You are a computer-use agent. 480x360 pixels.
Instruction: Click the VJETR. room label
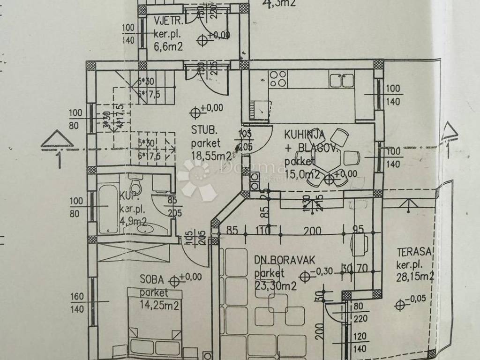point(168,21)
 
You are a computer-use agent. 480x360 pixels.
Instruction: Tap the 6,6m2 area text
point(167,46)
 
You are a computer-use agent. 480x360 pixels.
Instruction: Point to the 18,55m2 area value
point(211,155)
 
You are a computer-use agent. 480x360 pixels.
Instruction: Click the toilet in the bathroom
point(136,186)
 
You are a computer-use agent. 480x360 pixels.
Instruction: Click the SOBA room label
point(151,280)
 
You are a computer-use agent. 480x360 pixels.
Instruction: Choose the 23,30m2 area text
point(275,285)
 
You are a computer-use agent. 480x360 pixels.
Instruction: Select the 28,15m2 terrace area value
point(414,277)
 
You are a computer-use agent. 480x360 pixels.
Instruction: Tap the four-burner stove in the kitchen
point(277,78)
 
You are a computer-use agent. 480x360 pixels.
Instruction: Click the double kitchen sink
point(341,80)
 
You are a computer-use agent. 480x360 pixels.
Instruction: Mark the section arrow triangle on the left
point(57,139)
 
